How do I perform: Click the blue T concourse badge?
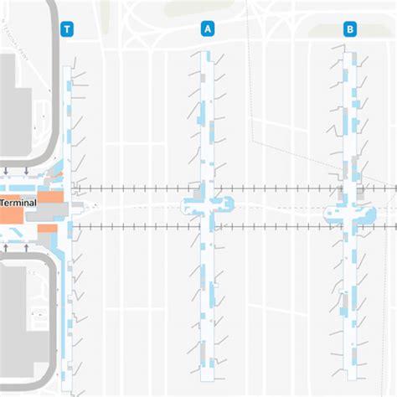click(68, 29)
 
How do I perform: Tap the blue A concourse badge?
click(207, 29)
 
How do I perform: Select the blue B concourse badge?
click(349, 29)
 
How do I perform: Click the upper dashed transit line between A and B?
click(281, 188)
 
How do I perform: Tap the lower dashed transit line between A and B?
click(281, 224)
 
